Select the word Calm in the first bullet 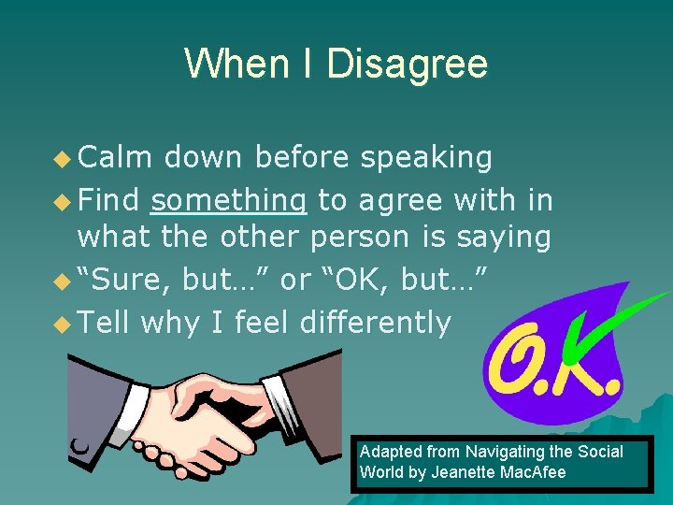click(x=114, y=158)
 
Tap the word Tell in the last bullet click(x=105, y=323)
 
